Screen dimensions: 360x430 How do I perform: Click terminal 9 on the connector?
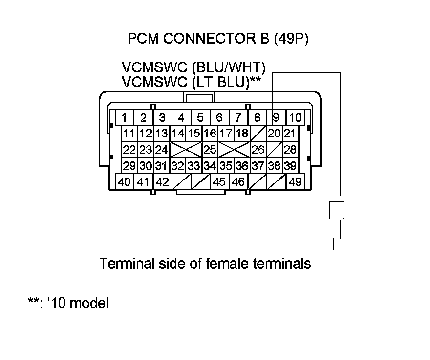[x=276, y=117]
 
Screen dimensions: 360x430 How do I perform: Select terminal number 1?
[x=125, y=117]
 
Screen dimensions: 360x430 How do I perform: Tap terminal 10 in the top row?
[x=295, y=117]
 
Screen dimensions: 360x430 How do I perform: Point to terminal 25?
[x=210, y=149]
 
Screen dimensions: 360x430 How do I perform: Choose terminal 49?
[x=295, y=182]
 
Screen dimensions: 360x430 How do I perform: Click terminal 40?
[x=125, y=182]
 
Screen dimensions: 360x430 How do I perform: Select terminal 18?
[x=241, y=133]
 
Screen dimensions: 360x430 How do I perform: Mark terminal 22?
[x=129, y=149]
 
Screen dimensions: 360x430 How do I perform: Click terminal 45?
[x=219, y=182]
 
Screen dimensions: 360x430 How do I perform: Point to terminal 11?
[x=129, y=133]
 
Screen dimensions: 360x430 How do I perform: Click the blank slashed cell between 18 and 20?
[x=258, y=133]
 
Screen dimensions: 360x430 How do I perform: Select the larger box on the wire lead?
[x=337, y=211]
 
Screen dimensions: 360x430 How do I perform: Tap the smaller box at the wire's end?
[x=337, y=243]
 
